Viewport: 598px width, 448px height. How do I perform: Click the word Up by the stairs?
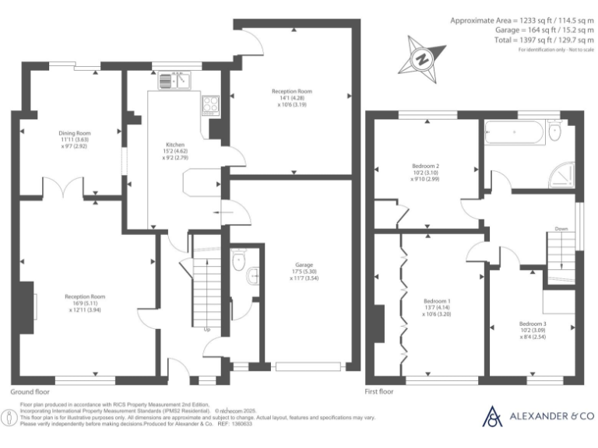pyautogui.click(x=207, y=330)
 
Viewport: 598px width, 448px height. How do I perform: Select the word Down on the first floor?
pyautogui.click(x=561, y=229)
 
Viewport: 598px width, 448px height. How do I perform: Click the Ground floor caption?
pyautogui.click(x=31, y=392)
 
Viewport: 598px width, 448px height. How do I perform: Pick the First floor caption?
pyautogui.click(x=379, y=392)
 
